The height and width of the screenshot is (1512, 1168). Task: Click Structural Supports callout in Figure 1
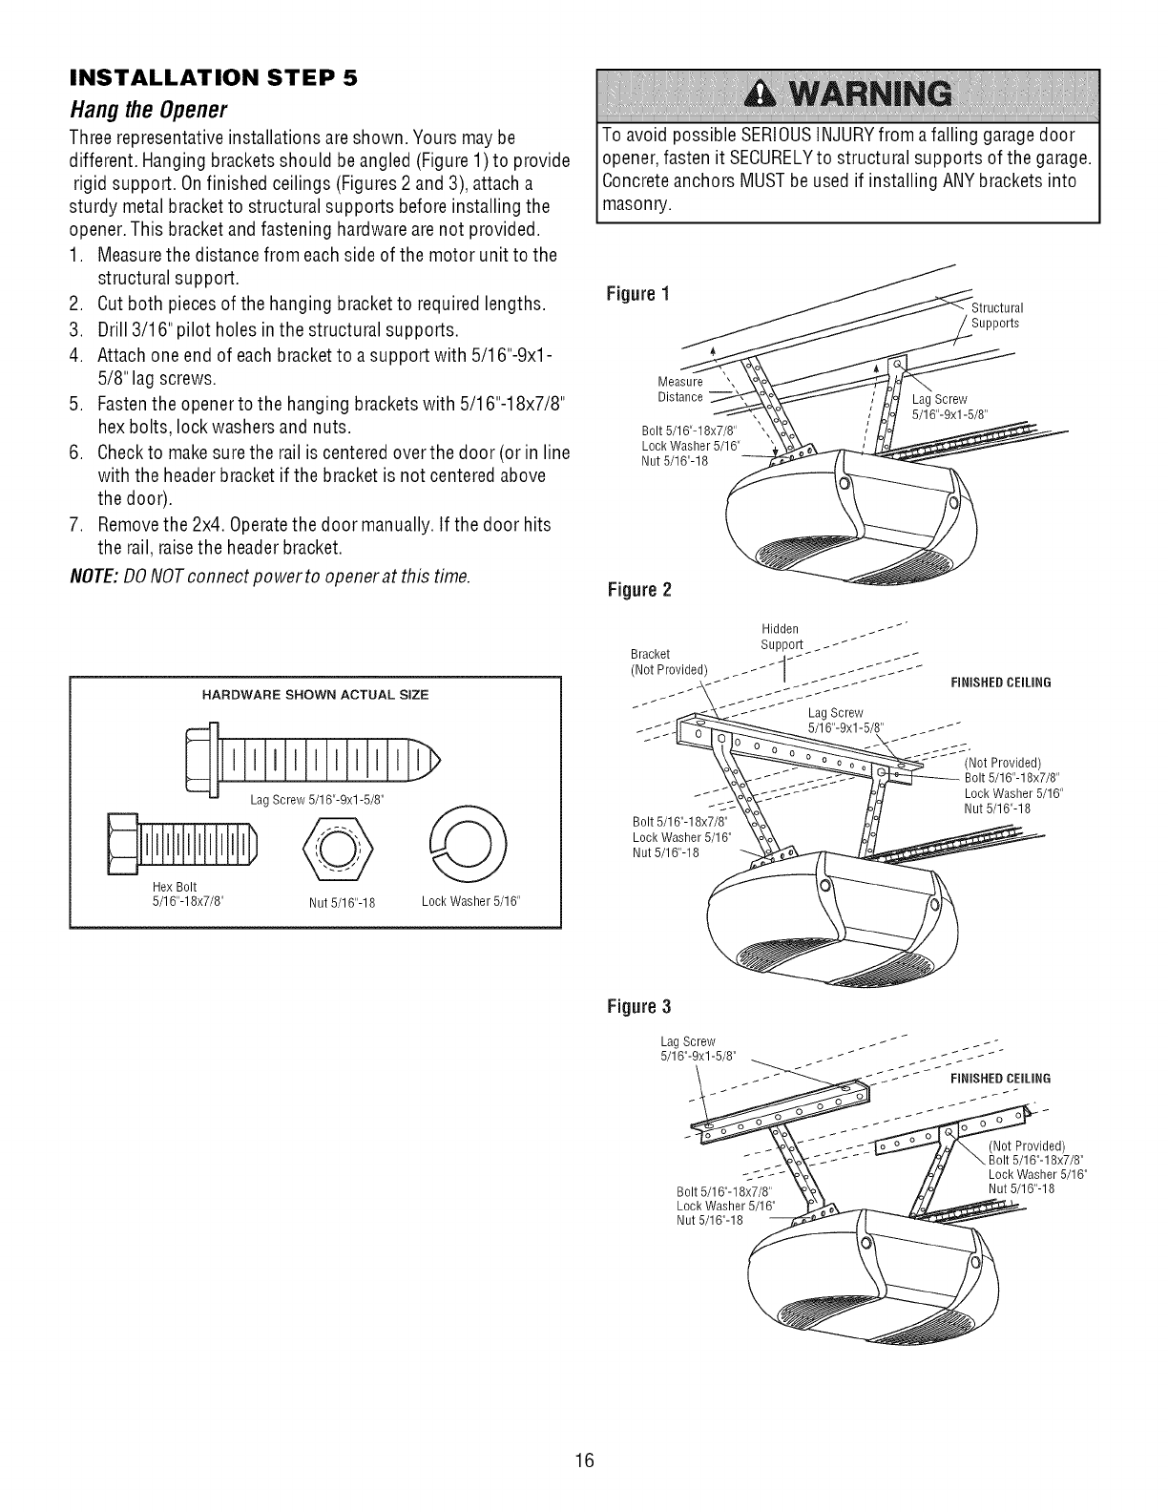click(x=996, y=316)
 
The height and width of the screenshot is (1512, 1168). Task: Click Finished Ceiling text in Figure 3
click(x=999, y=1078)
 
